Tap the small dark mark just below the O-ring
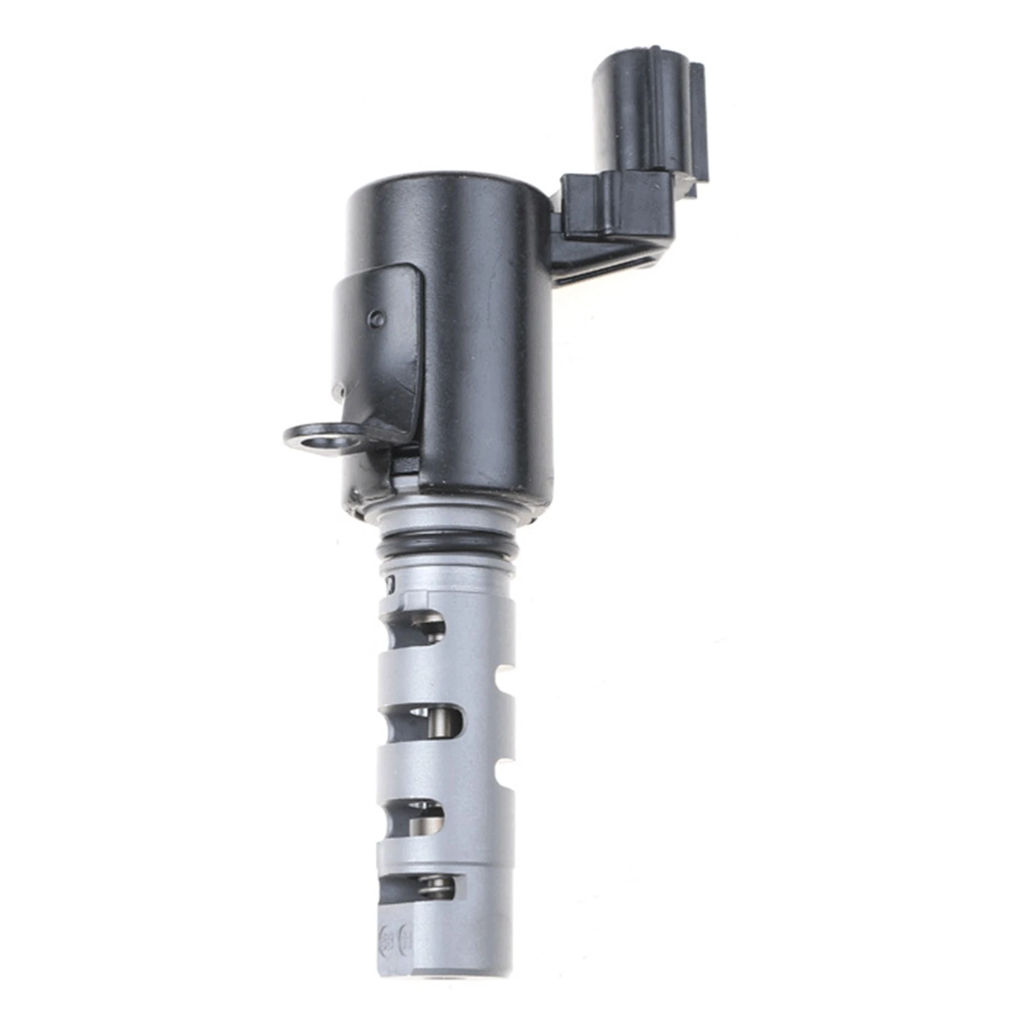[x=391, y=581]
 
